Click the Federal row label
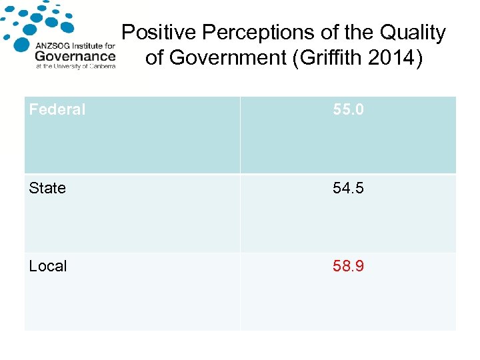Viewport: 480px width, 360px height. coord(57,109)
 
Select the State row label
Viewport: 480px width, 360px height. coord(47,188)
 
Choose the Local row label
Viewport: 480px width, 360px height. coord(48,266)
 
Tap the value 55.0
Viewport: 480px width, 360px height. coord(349,109)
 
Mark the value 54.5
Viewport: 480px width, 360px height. coord(349,188)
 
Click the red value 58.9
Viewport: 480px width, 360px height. coord(349,266)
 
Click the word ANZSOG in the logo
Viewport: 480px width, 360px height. coord(53,46)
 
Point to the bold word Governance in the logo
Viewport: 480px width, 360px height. coord(75,56)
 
